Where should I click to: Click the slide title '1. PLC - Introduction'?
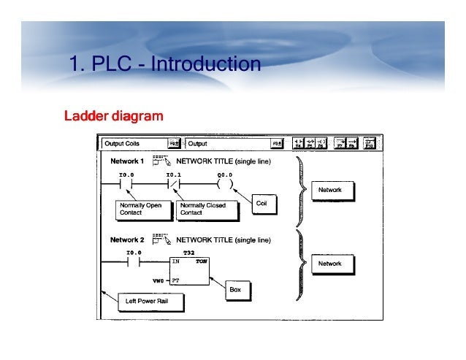(x=164, y=64)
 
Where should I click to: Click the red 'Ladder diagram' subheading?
(x=113, y=116)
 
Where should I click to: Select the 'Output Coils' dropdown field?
(x=134, y=144)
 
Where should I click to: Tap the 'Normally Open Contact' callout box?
(x=140, y=210)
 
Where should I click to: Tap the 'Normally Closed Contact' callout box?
(x=202, y=210)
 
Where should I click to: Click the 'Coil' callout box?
(x=262, y=204)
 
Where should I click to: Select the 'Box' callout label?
(x=235, y=290)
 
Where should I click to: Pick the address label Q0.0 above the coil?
(x=225, y=175)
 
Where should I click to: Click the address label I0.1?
(x=173, y=175)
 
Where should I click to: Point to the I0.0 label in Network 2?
(x=133, y=252)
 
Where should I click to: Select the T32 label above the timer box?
(x=188, y=252)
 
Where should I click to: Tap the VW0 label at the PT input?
(x=158, y=280)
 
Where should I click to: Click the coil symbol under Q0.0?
(x=225, y=185)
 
